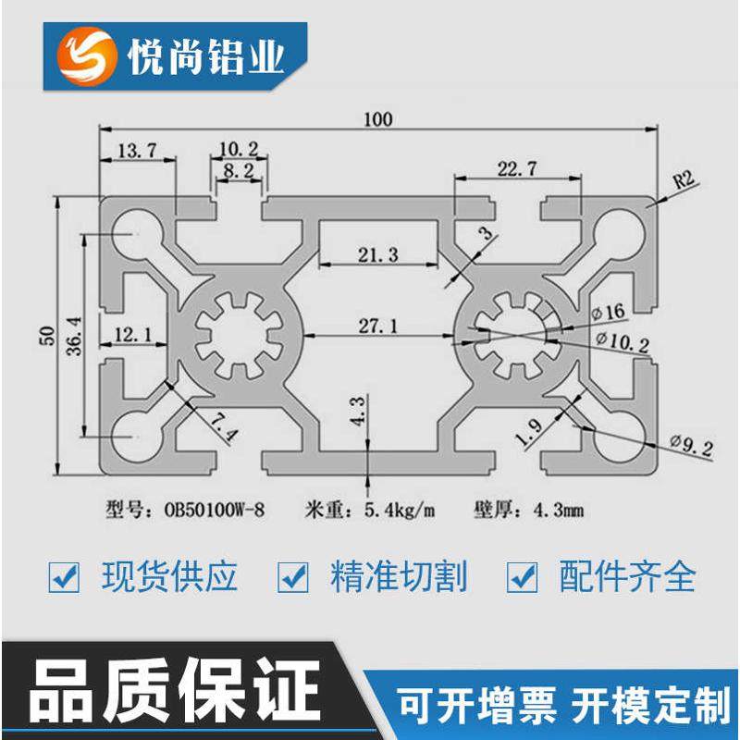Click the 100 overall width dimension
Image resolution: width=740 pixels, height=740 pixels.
click(x=378, y=118)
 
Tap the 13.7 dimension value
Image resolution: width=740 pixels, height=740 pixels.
click(x=136, y=148)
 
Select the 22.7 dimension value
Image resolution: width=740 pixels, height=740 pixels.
click(x=517, y=169)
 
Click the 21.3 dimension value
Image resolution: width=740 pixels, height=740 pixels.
click(x=376, y=256)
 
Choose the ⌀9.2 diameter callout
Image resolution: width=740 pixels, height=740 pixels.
click(x=687, y=450)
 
